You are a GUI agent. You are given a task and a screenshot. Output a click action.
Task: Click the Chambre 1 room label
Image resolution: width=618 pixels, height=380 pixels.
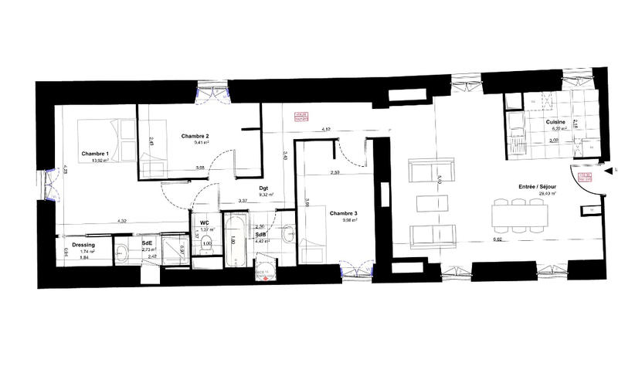tap(94, 153)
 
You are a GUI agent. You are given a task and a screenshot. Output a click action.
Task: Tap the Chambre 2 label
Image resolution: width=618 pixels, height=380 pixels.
tap(195, 136)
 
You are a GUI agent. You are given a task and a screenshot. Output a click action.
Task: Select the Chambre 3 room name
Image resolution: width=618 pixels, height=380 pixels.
tap(343, 213)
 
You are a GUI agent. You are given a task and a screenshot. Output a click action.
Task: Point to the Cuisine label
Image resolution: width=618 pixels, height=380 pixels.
tap(555, 123)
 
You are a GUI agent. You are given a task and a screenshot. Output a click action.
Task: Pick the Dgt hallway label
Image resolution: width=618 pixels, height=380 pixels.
tap(263, 188)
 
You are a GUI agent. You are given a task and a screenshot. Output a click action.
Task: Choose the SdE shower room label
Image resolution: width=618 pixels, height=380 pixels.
tap(146, 243)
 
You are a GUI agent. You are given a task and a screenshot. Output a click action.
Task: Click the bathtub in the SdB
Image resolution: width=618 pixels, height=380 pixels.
tap(234, 239)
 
